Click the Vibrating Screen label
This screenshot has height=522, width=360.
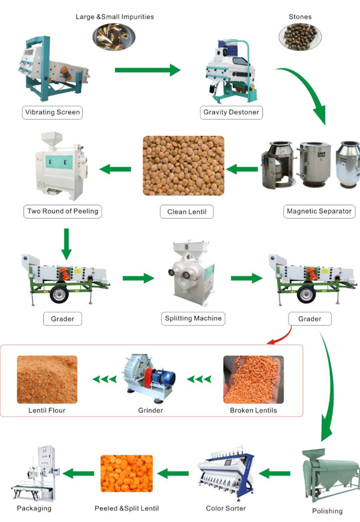(x=52, y=112)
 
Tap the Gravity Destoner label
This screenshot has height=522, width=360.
(x=231, y=112)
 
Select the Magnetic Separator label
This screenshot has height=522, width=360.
(x=319, y=211)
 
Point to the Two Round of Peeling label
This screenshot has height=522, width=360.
(x=62, y=211)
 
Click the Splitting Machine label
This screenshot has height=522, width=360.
(x=194, y=318)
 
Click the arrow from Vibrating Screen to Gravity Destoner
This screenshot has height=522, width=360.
(x=147, y=70)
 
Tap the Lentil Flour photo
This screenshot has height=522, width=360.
(x=47, y=379)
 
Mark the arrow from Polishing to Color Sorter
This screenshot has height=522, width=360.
(x=277, y=473)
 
